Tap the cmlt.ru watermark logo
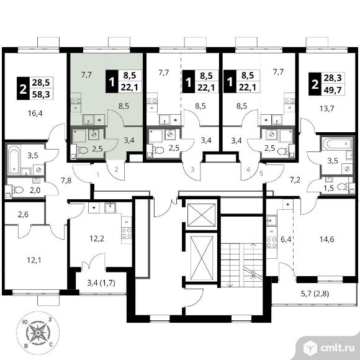[x=329, y=348]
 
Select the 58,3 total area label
[x=41, y=94]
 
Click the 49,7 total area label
[x=333, y=89]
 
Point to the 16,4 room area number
[x=35, y=113]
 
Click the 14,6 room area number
[x=327, y=240]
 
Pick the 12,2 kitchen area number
[x=97, y=239]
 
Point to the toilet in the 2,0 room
[x=19, y=190]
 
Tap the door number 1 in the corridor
[x=98, y=175]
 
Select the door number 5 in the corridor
[x=261, y=173]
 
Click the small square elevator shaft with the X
[x=201, y=215]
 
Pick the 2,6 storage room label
[x=23, y=214]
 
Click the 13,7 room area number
[x=327, y=108]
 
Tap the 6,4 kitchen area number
[x=286, y=240]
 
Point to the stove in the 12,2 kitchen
[x=127, y=233]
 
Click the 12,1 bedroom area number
[x=34, y=260]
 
